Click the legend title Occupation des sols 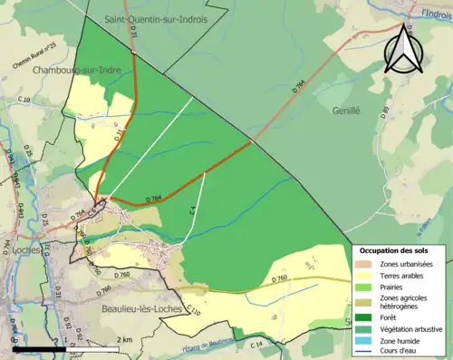tap(400, 250)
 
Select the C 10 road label tap(24, 99)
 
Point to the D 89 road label tap(385, 112)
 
